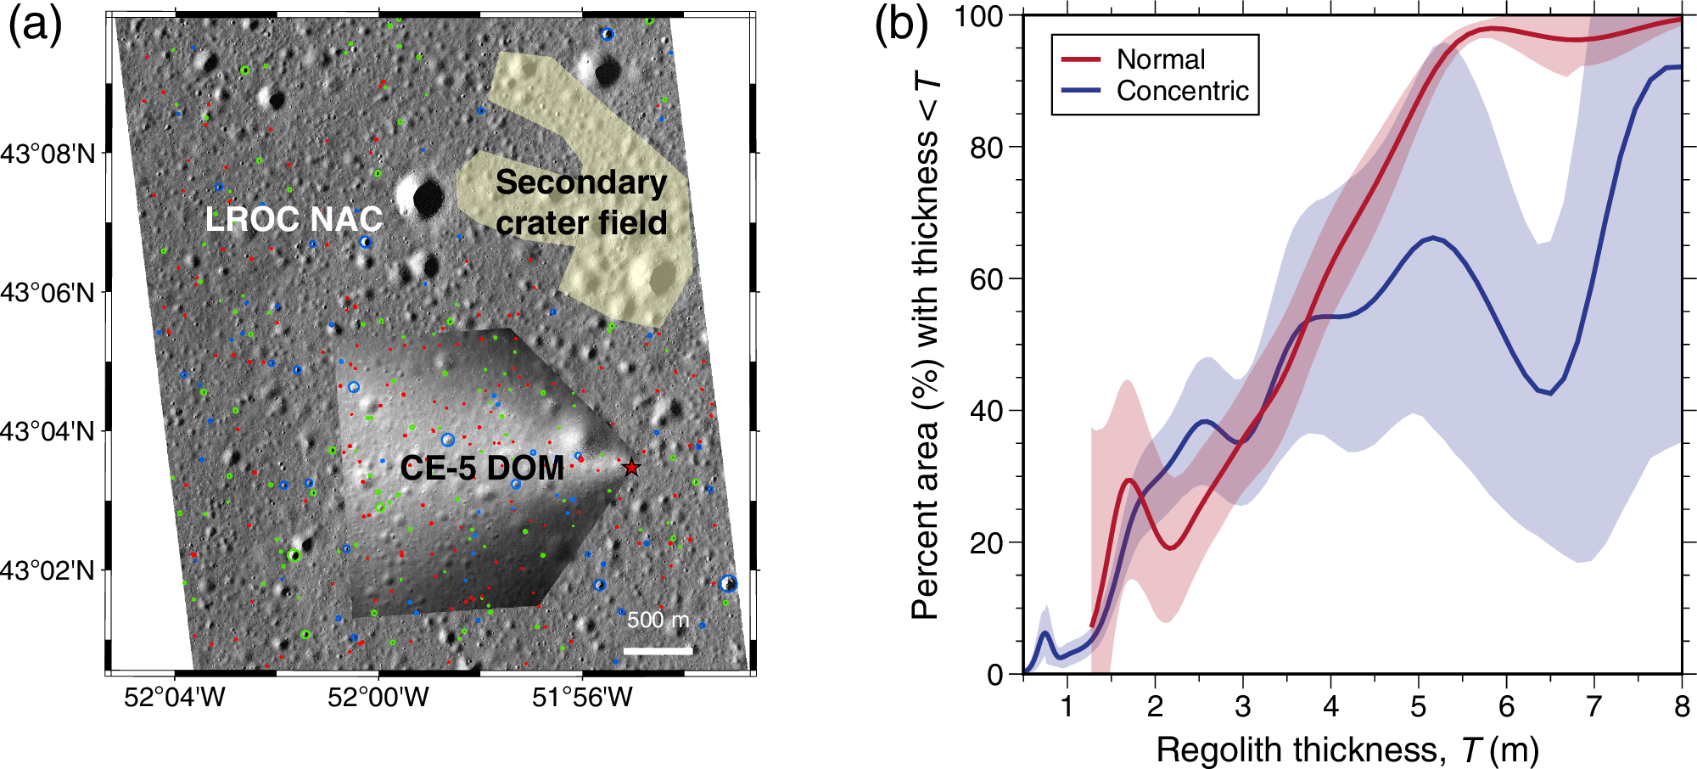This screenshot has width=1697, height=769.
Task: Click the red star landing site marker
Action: click(631, 468)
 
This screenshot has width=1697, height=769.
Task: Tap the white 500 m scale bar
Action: click(658, 651)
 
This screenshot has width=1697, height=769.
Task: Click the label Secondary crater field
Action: click(581, 203)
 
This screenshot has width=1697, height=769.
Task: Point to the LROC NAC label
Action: click(294, 220)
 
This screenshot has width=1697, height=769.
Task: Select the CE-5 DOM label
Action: click(482, 469)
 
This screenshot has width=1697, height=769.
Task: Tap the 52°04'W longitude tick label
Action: click(175, 698)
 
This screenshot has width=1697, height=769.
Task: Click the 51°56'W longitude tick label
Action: click(582, 698)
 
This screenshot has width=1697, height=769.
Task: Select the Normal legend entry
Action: click(1160, 59)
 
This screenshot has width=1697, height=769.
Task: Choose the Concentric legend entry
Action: click(1182, 91)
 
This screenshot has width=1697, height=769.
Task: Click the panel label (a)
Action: click(35, 25)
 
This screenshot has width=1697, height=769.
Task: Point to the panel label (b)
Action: click(901, 25)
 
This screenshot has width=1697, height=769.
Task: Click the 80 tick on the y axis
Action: click(987, 148)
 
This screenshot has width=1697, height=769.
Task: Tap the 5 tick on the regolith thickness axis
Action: click(1419, 706)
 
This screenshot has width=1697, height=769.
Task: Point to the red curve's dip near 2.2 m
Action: click(1170, 548)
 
